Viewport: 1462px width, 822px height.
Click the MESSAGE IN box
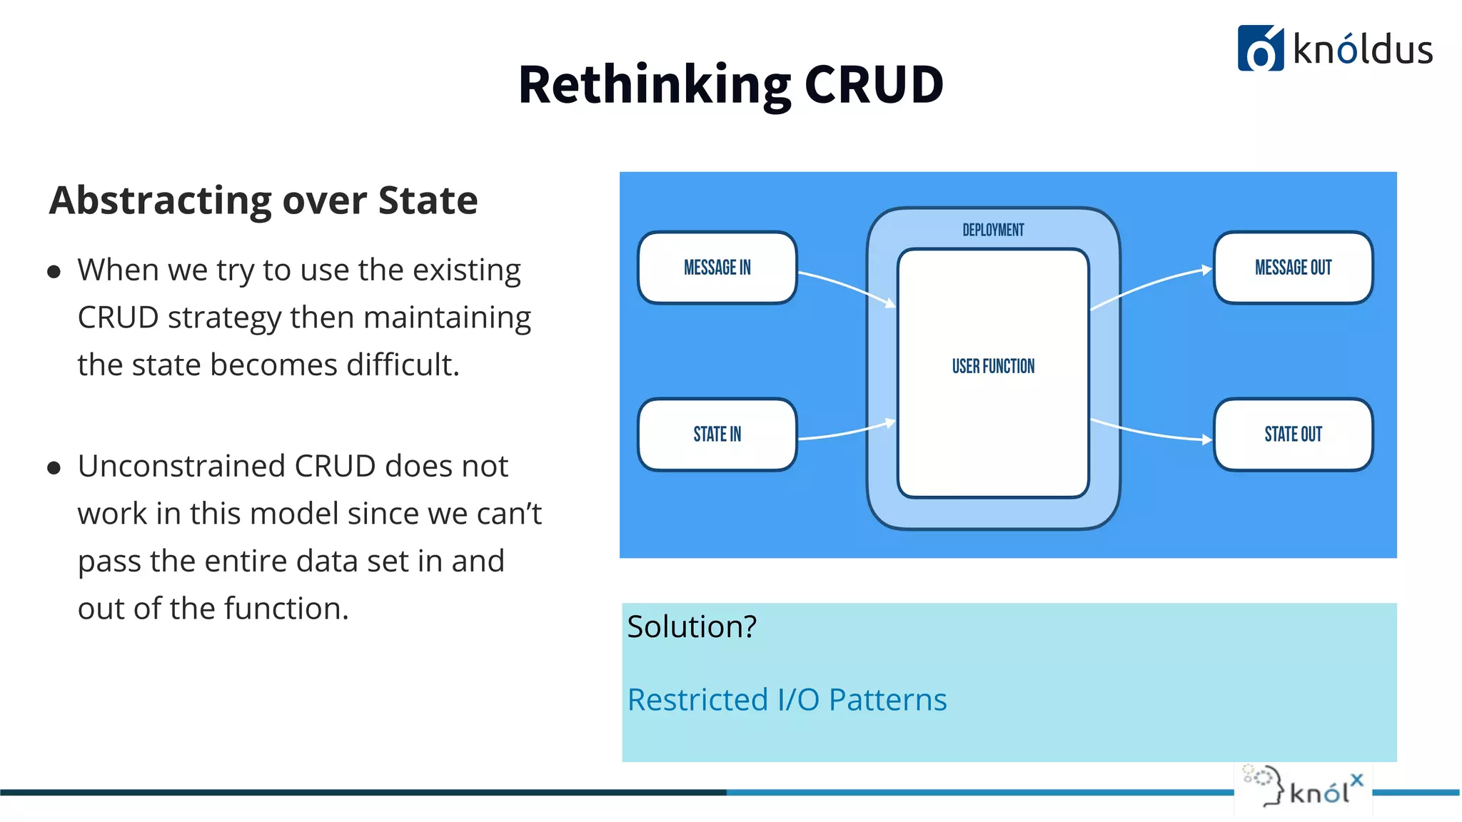[717, 268]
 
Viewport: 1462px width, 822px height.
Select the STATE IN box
[717, 434]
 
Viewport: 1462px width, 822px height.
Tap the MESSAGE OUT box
[1293, 268]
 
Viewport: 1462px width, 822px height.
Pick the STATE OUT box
[1293, 434]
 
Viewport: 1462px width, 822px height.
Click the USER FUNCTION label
[993, 366]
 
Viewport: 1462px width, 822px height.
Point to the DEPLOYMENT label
[993, 230]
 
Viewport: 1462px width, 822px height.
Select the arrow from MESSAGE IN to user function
[847, 285]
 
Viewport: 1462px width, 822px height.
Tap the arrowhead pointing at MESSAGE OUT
[1206, 270]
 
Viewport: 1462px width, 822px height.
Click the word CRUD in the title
[874, 85]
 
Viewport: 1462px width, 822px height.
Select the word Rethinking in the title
[654, 85]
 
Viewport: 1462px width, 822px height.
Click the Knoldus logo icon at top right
[1260, 49]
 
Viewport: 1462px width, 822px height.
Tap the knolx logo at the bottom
[1304, 788]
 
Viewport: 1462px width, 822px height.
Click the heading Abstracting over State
[263, 201]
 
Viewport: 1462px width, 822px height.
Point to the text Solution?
[692, 626]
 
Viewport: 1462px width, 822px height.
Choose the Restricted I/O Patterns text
[787, 700]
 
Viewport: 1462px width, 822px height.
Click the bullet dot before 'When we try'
[54, 272]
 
